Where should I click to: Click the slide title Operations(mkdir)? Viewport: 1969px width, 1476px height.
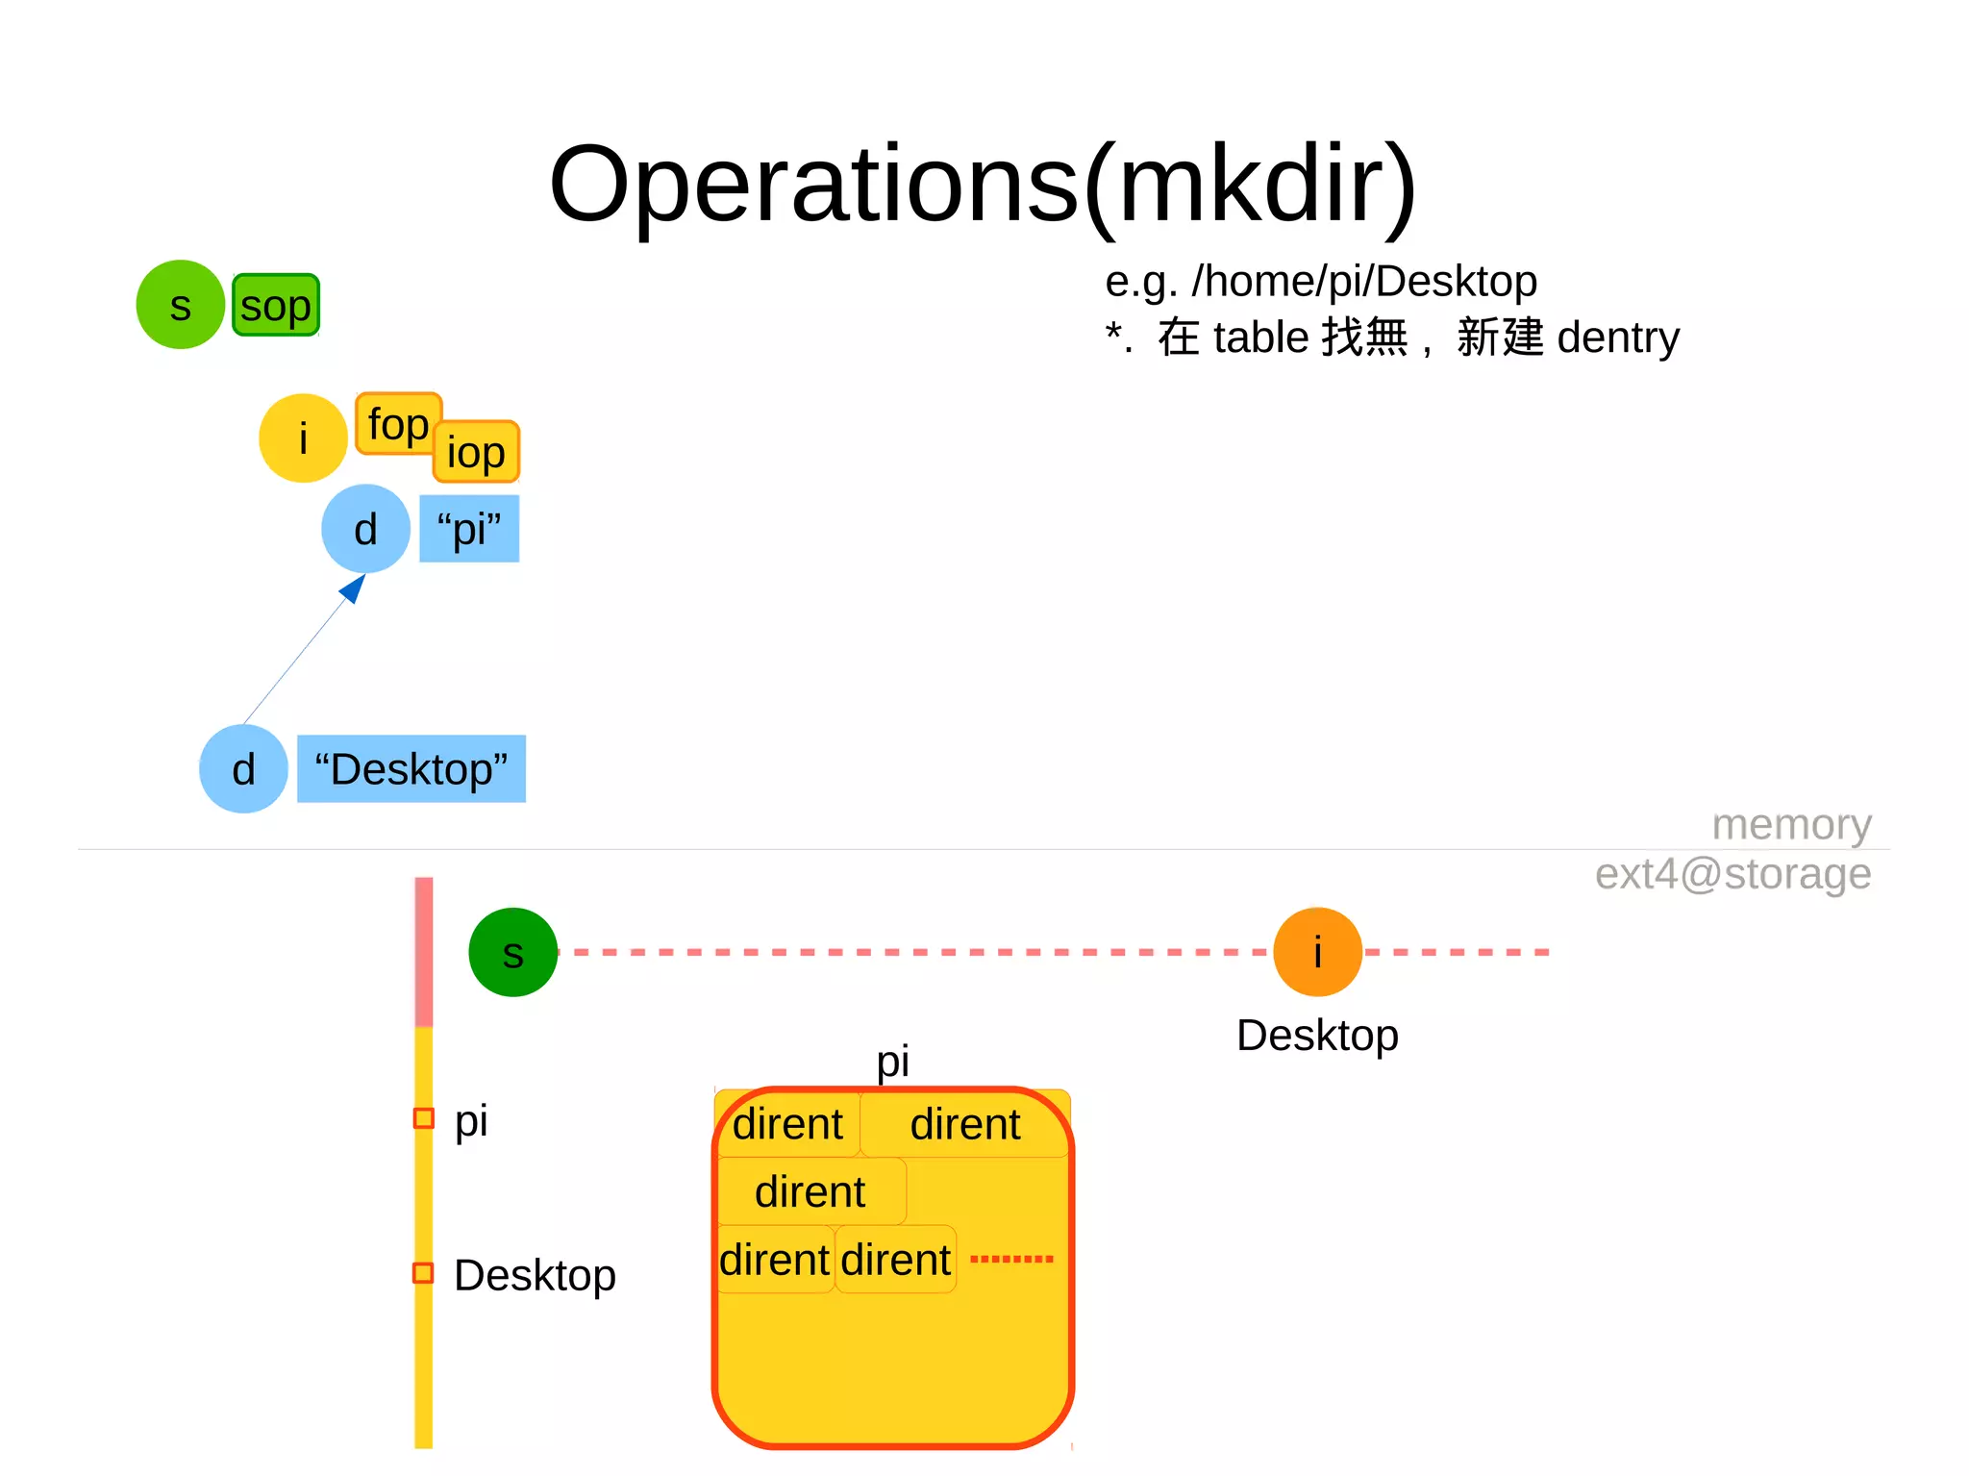pos(983,185)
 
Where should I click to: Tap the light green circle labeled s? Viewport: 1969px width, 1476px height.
pos(180,305)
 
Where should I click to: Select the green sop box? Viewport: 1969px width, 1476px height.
pos(276,306)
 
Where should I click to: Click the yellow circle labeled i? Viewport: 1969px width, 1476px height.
pos(303,438)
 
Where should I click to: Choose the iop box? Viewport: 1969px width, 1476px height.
pos(477,452)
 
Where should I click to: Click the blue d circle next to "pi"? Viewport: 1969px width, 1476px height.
pos(365,529)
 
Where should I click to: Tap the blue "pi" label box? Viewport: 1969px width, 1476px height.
pos(469,529)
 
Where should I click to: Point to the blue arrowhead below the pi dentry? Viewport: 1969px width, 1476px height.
pos(354,588)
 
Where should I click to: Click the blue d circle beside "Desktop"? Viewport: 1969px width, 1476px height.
pos(243,769)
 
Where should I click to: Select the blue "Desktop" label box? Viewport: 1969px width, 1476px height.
pos(411,769)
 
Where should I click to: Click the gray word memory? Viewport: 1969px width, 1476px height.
pos(1791,824)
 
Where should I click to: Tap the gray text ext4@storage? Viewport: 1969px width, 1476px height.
pos(1732,874)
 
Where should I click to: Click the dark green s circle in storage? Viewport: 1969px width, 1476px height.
pos(513,952)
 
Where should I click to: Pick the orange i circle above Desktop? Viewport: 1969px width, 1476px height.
pos(1317,952)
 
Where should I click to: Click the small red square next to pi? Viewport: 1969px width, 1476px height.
pos(423,1118)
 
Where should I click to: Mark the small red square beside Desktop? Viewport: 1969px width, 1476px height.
pos(423,1273)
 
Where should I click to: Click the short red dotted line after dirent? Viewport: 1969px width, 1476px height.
pos(1011,1259)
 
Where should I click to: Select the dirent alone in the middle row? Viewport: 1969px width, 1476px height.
pos(810,1192)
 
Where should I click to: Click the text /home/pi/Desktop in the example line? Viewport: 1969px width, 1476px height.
pos(1364,282)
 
